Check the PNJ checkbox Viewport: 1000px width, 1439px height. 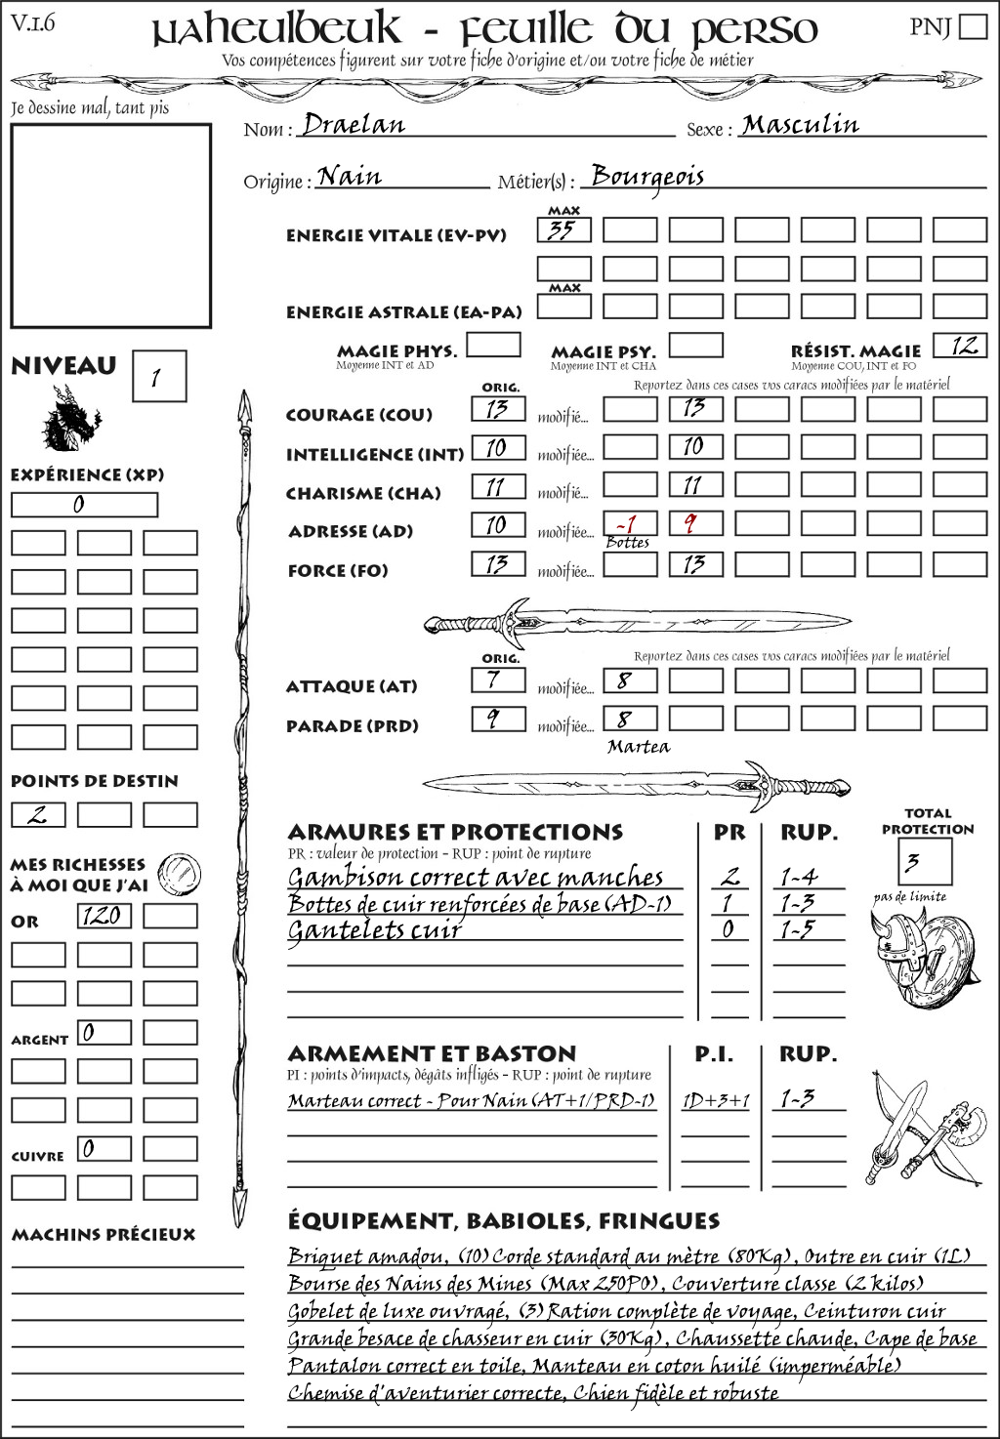(x=974, y=26)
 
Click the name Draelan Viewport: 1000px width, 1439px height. (x=354, y=124)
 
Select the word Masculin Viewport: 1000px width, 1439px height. (x=800, y=124)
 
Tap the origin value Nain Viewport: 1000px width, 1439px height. (x=350, y=176)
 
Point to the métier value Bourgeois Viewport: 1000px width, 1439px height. (x=647, y=177)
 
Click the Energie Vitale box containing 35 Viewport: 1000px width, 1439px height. (x=563, y=230)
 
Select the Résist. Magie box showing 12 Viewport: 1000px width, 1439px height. (x=960, y=346)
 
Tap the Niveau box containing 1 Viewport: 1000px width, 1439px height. (x=158, y=376)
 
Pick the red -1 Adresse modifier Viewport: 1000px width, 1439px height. (x=627, y=523)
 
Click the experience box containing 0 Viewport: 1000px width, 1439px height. (x=84, y=505)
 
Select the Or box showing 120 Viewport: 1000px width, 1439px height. (x=104, y=916)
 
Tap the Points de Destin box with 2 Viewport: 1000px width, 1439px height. (x=38, y=814)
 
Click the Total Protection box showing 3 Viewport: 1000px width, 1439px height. (x=924, y=861)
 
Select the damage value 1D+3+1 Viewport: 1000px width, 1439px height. (x=716, y=1100)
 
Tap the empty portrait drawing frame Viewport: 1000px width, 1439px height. (x=111, y=226)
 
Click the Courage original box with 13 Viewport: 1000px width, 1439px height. (x=498, y=409)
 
